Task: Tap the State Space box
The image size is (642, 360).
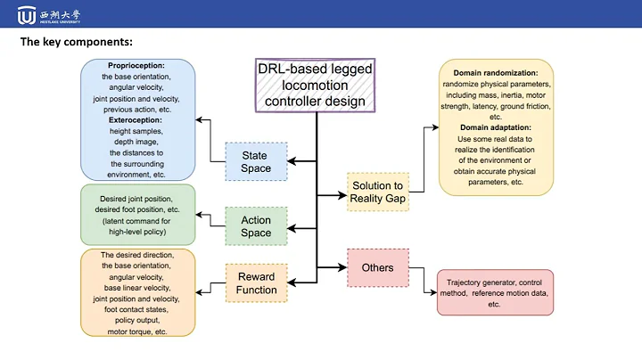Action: click(254, 161)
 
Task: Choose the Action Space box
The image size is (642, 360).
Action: click(255, 226)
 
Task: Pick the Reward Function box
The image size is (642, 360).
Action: click(255, 283)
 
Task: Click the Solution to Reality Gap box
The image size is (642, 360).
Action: click(377, 191)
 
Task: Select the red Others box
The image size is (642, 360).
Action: click(377, 267)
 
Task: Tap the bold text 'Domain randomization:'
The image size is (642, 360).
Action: click(496, 72)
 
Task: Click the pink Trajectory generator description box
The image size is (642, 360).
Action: click(495, 292)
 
